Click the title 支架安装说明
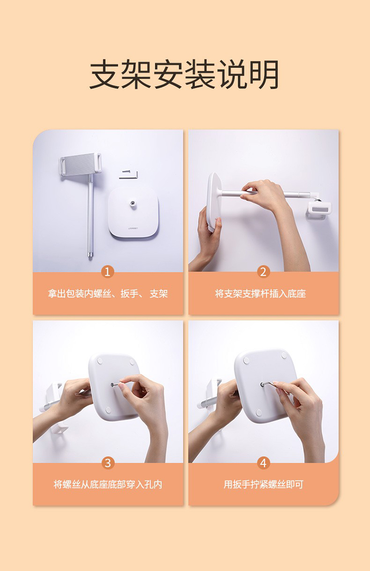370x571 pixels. [x=184, y=75]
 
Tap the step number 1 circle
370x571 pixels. [x=107, y=271]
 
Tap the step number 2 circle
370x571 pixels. [x=263, y=271]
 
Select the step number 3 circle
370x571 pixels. [x=108, y=463]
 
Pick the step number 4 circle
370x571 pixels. [x=263, y=463]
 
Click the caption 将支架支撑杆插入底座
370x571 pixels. [x=260, y=294]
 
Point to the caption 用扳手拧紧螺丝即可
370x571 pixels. [x=263, y=484]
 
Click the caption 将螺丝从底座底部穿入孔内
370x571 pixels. [x=108, y=484]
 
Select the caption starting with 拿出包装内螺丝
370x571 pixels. [x=108, y=294]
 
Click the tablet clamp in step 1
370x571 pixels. [x=80, y=164]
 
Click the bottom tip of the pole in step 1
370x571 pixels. [x=90, y=255]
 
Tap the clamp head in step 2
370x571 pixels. [x=319, y=209]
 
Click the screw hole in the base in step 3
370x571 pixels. [x=112, y=385]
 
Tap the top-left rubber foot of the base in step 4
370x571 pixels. [x=246, y=361]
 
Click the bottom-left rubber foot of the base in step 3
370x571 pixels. [x=108, y=410]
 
